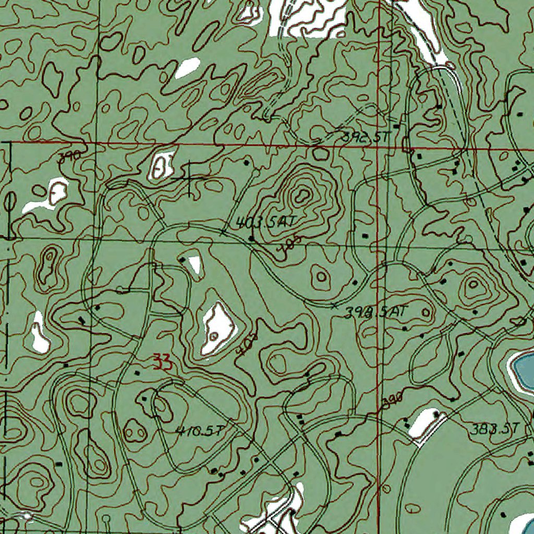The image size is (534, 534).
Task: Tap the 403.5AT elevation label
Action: point(266,223)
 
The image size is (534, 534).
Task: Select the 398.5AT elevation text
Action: point(375,312)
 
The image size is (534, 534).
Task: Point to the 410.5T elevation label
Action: point(200,431)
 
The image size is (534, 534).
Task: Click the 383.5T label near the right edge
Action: point(495,429)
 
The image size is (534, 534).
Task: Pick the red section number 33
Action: point(161,361)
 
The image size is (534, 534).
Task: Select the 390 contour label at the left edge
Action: point(68,155)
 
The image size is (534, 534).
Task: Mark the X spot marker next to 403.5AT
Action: point(223,232)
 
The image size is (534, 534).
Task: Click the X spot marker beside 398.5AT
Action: point(334,305)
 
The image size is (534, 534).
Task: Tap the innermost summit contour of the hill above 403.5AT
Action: point(301,196)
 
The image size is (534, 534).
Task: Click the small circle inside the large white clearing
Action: point(213,336)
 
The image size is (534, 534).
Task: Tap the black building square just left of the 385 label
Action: point(251,238)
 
